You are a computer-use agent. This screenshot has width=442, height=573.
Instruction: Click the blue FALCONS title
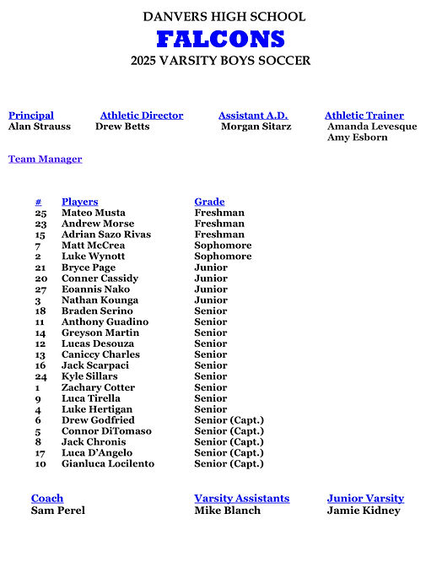tap(220, 39)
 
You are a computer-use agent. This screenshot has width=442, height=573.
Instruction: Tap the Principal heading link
tap(30, 116)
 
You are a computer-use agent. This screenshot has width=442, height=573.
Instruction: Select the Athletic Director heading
tap(141, 116)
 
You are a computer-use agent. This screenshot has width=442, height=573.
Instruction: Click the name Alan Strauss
tap(40, 127)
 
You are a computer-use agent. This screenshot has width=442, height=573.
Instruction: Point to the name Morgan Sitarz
tap(256, 127)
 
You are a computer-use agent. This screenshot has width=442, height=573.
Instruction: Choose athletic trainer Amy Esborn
tap(357, 138)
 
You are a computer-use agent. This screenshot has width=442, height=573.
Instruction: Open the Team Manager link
tap(45, 159)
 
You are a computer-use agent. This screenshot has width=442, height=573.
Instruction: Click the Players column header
tap(79, 202)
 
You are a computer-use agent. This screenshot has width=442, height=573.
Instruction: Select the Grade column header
tap(209, 202)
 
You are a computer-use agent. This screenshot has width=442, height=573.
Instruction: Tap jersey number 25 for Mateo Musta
tap(40, 213)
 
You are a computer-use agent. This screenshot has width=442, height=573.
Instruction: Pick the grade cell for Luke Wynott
tap(223, 257)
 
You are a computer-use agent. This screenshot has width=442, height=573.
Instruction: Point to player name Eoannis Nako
tap(96, 289)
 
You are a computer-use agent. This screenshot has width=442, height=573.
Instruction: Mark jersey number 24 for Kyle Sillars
tap(40, 376)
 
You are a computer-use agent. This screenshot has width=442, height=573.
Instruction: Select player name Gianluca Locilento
tap(108, 464)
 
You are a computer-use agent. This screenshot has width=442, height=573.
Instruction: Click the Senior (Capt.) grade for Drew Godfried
tap(229, 420)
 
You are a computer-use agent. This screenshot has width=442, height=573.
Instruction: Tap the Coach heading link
tap(47, 499)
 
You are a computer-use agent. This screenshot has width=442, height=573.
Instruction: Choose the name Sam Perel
tap(57, 511)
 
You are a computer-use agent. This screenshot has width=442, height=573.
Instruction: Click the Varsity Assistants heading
tap(241, 499)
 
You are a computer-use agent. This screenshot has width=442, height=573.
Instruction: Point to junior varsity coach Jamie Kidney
tap(364, 511)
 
